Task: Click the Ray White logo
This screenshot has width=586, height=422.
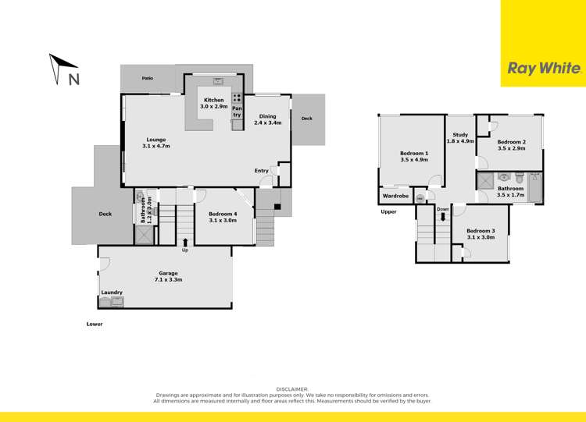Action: point(544,68)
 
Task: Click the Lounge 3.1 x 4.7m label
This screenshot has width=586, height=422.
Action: point(156,143)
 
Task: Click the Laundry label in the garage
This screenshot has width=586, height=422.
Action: point(112,293)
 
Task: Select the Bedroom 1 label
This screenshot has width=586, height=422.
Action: point(415,157)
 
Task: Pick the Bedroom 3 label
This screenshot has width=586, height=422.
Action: point(481,234)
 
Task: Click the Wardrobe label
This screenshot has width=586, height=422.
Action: point(396,196)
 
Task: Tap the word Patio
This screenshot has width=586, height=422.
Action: point(147,79)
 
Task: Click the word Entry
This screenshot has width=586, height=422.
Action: point(261,170)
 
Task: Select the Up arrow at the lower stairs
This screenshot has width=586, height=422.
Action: point(185,243)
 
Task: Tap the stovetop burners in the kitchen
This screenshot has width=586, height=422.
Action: point(236,99)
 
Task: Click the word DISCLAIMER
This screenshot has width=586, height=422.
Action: point(293,388)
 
